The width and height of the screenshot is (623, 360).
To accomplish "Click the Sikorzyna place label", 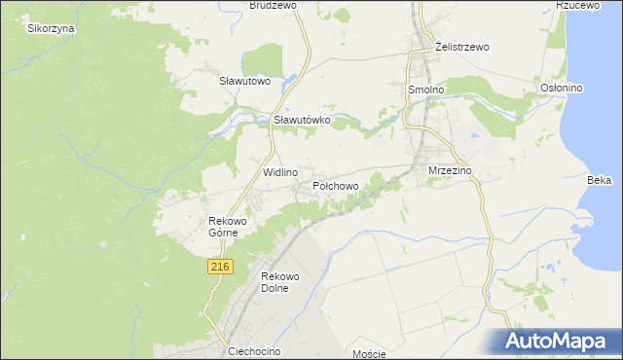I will tap(51, 28).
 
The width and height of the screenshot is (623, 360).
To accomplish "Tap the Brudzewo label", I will tap(273, 5).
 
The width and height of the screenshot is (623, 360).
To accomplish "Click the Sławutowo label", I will tap(243, 81).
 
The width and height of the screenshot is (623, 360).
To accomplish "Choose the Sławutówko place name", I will tap(303, 120).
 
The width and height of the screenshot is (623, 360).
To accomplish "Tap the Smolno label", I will tap(424, 89).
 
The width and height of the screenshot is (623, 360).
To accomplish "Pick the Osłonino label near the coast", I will tap(561, 89).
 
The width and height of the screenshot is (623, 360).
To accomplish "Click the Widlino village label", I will tap(280, 171).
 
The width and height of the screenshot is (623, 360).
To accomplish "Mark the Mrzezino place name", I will tap(450, 170).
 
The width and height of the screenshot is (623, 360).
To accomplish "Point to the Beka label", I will tap(600, 180).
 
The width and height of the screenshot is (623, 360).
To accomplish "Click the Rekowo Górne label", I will tap(229, 227).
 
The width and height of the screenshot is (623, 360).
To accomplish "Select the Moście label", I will tap(370, 354).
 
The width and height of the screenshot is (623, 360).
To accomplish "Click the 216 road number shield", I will tap(220, 266).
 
